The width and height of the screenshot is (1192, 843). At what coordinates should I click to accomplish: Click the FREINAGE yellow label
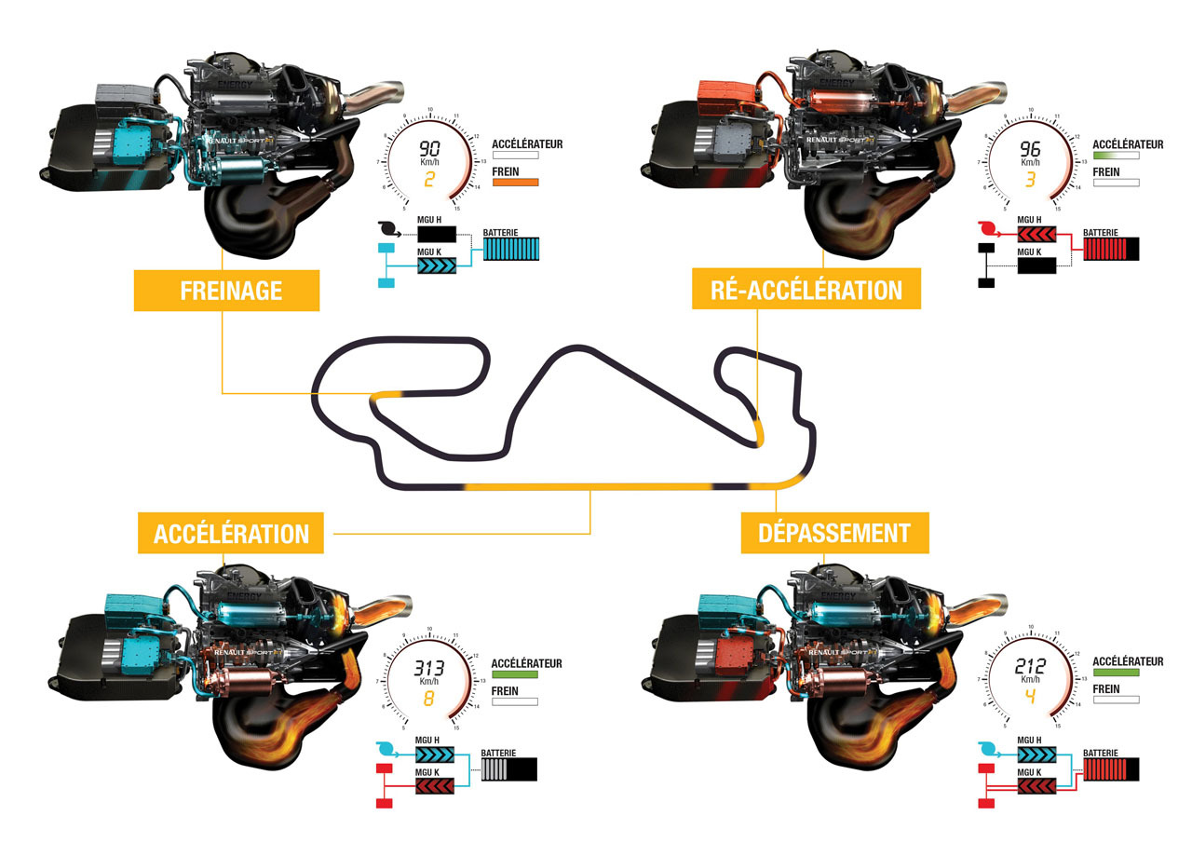[x=226, y=290]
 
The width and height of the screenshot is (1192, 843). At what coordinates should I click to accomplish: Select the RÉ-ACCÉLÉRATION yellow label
[x=806, y=290]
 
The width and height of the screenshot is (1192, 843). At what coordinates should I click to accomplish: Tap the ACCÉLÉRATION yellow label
[x=231, y=533]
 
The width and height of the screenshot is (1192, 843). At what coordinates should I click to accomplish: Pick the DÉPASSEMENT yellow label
[x=834, y=533]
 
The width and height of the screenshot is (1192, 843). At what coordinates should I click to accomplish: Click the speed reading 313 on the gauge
[x=430, y=668]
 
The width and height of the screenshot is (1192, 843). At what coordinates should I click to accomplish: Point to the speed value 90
[x=430, y=148]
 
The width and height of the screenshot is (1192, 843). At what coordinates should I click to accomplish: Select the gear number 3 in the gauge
[x=1031, y=178]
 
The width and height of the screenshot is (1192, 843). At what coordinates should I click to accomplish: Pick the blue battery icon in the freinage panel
[x=511, y=249]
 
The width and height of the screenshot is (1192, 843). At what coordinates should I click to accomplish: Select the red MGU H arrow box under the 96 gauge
[x=1036, y=235]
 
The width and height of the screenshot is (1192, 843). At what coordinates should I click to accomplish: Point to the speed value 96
[x=1031, y=149]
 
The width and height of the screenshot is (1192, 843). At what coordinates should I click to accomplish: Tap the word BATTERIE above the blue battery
[x=500, y=233]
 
